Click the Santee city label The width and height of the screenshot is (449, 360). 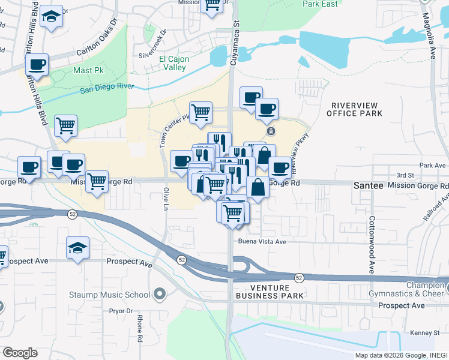pos(368,186)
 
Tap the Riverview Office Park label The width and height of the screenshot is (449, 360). pos(356,109)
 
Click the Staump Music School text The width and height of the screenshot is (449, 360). pos(118,295)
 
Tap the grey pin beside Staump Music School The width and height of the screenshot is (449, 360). pos(159,294)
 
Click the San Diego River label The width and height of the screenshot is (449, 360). pos(107,88)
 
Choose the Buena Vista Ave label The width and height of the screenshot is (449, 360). pos(263,242)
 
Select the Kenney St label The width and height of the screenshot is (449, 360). pos(426,332)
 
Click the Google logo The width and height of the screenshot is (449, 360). pos(20,353)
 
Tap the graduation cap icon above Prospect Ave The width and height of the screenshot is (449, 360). pos(77,248)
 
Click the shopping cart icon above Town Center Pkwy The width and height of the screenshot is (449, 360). pos(201,112)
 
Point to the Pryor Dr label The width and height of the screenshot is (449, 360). pos(121,311)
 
